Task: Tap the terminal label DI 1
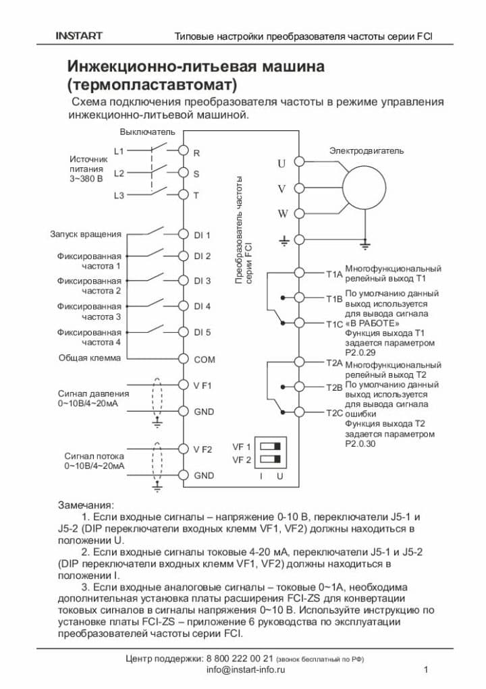(x=202, y=235)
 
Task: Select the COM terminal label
(x=205, y=360)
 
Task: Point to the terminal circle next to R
(x=183, y=153)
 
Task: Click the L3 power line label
(x=119, y=196)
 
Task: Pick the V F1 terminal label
(x=202, y=385)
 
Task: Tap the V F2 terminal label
(x=202, y=449)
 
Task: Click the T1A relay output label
(x=334, y=274)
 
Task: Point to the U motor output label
(x=282, y=163)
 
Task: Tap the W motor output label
(x=283, y=214)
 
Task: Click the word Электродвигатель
(x=367, y=150)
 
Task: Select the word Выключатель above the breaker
(x=147, y=132)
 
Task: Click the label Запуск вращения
(x=86, y=234)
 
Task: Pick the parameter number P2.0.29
(x=362, y=352)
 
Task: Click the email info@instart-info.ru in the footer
(x=246, y=669)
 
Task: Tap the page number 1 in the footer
(x=426, y=669)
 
